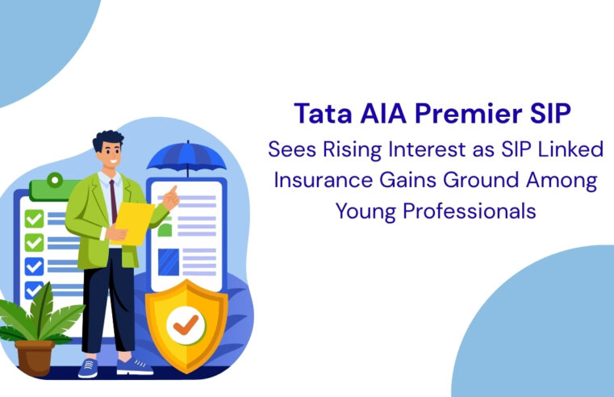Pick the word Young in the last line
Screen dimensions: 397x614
coord(362,211)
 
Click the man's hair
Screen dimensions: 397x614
coord(107,144)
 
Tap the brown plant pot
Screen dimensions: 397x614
coord(34,357)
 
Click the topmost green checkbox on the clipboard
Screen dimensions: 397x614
coord(34,219)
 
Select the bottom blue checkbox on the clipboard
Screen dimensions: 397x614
coord(34,290)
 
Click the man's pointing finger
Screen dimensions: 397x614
coord(173,191)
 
